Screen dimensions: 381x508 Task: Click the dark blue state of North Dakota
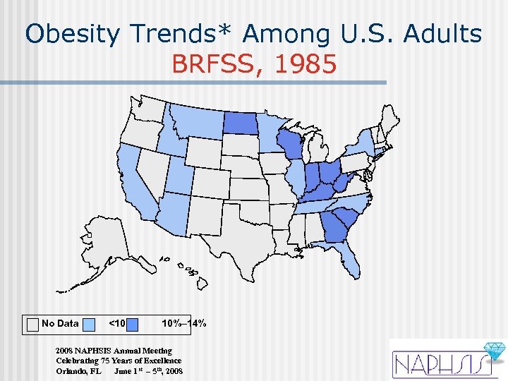(x=242, y=123)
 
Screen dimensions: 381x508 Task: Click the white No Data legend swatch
(x=32, y=324)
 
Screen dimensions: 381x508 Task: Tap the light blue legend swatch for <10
(x=89, y=324)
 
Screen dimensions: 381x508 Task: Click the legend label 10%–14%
(x=183, y=324)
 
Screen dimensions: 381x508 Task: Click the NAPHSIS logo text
(x=437, y=364)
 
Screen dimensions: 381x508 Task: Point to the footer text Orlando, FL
(x=78, y=370)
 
